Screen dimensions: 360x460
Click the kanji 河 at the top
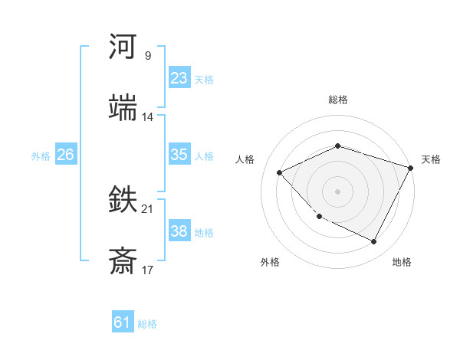tap(123, 47)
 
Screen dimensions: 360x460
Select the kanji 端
tap(123, 108)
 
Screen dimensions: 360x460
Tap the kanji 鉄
tap(123, 200)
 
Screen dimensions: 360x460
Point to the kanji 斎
tap(123, 261)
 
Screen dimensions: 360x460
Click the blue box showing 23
tap(179, 78)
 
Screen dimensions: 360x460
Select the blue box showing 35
tap(179, 155)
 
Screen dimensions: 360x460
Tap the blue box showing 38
tap(179, 231)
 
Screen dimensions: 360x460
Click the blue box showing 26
tap(65, 155)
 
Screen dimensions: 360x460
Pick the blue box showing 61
tap(123, 322)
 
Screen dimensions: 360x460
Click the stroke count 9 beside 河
tap(147, 56)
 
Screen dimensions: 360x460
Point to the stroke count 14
tap(148, 117)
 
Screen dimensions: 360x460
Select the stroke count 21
tap(148, 209)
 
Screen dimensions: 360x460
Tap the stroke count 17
tap(148, 270)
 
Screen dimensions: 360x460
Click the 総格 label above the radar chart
tap(338, 100)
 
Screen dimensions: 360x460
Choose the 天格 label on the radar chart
tap(431, 159)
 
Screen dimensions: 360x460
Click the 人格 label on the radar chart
tap(245, 159)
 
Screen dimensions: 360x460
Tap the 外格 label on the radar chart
tap(270, 262)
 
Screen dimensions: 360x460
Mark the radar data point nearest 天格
tap(412, 167)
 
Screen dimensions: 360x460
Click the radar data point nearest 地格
tap(374, 242)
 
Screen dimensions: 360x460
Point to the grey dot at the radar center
tap(337, 191)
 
